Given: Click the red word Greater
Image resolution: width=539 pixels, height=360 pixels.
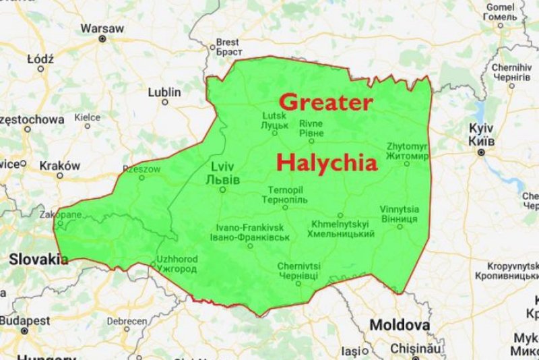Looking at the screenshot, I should (325, 102).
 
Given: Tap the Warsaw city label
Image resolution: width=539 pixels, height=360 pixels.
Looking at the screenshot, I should (102, 29).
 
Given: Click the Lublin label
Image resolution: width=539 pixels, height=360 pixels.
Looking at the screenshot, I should (164, 92).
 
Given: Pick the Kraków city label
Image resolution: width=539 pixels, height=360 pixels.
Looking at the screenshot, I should (59, 166).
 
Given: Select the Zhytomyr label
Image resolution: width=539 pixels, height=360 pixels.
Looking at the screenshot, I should (407, 151).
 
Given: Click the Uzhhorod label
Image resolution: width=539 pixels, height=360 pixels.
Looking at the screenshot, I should (176, 264).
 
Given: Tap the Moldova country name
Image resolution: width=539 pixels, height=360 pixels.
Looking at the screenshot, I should (400, 325).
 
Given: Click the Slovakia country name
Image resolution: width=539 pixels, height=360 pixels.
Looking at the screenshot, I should (38, 259).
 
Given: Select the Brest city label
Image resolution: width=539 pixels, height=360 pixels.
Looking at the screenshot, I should (228, 47).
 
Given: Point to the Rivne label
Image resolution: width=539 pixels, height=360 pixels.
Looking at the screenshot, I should (311, 128).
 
